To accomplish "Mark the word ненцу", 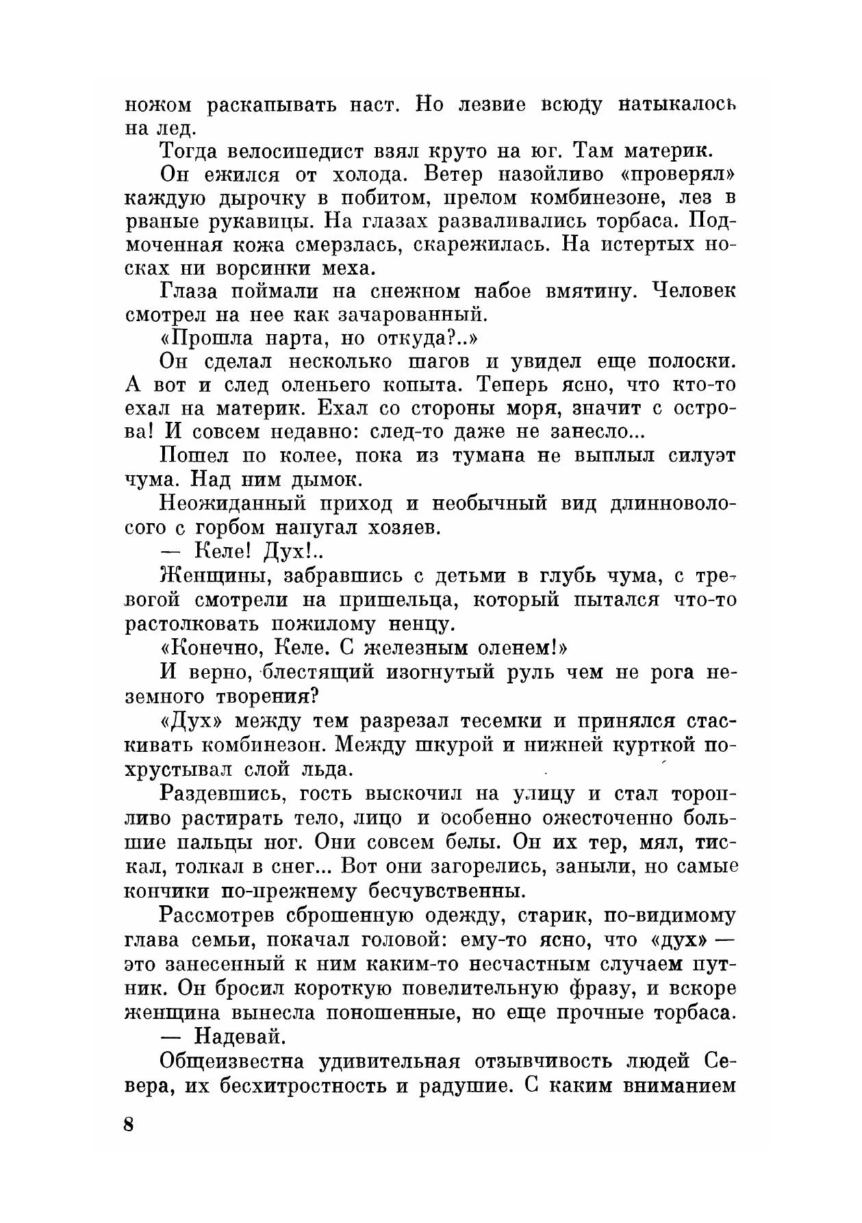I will (416, 625).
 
